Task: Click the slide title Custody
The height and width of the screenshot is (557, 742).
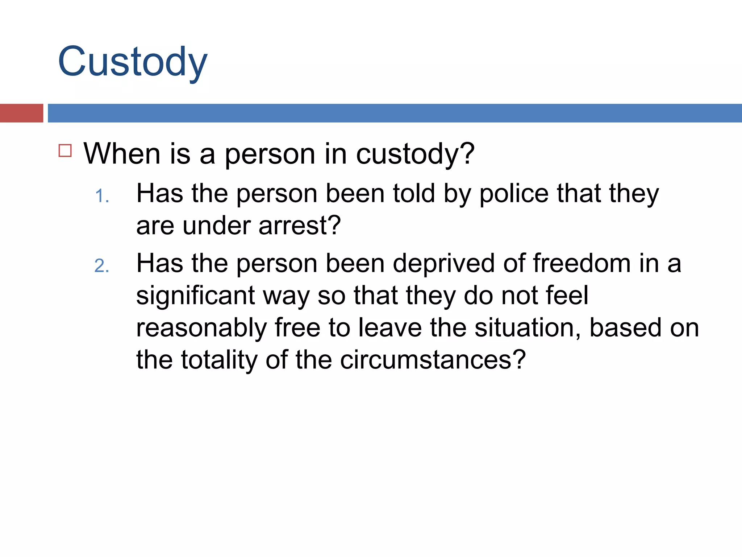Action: tap(133, 62)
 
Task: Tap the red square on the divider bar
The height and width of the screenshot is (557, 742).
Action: tap(21, 113)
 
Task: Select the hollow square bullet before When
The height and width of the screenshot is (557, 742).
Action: tap(65, 150)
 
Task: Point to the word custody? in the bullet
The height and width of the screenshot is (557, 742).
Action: tap(415, 154)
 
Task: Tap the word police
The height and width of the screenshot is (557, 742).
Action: tap(514, 194)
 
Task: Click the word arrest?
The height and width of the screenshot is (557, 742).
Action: tap(300, 226)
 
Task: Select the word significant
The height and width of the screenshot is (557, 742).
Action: tap(196, 296)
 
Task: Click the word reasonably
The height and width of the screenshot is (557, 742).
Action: tap(201, 328)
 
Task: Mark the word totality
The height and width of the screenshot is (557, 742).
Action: tap(219, 360)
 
